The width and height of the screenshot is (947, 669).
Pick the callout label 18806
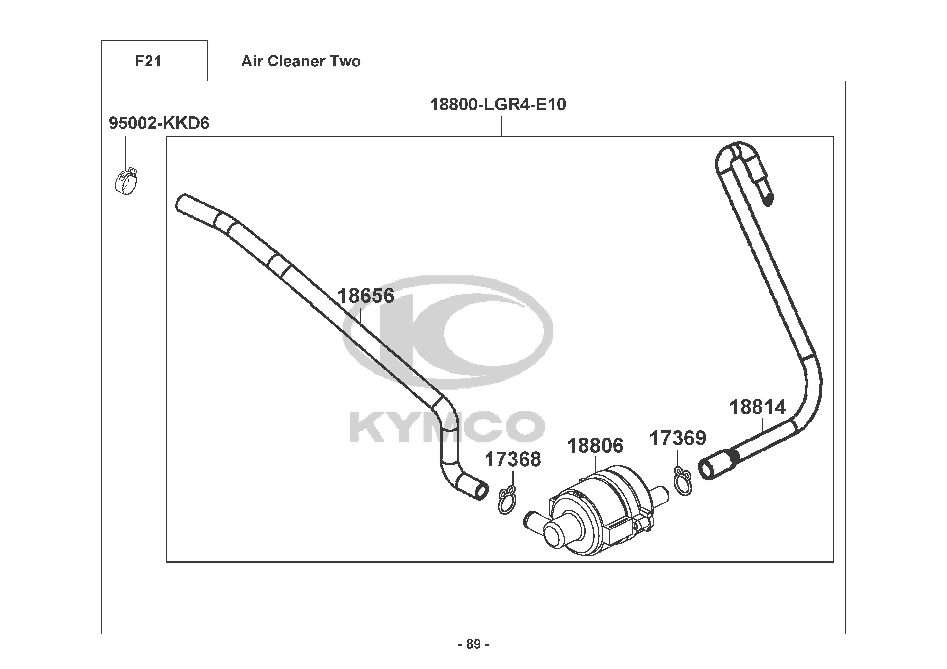click(595, 446)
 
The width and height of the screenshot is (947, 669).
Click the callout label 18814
click(758, 407)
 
